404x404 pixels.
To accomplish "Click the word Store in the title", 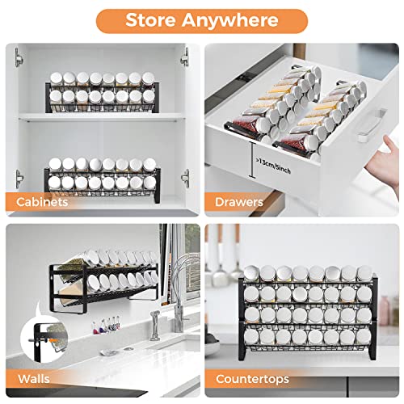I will click(x=152, y=20).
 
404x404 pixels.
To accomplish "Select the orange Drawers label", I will click(x=240, y=202).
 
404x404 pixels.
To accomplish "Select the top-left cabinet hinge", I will click(x=18, y=58).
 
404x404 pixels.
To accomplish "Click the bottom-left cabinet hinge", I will click(x=18, y=178).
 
